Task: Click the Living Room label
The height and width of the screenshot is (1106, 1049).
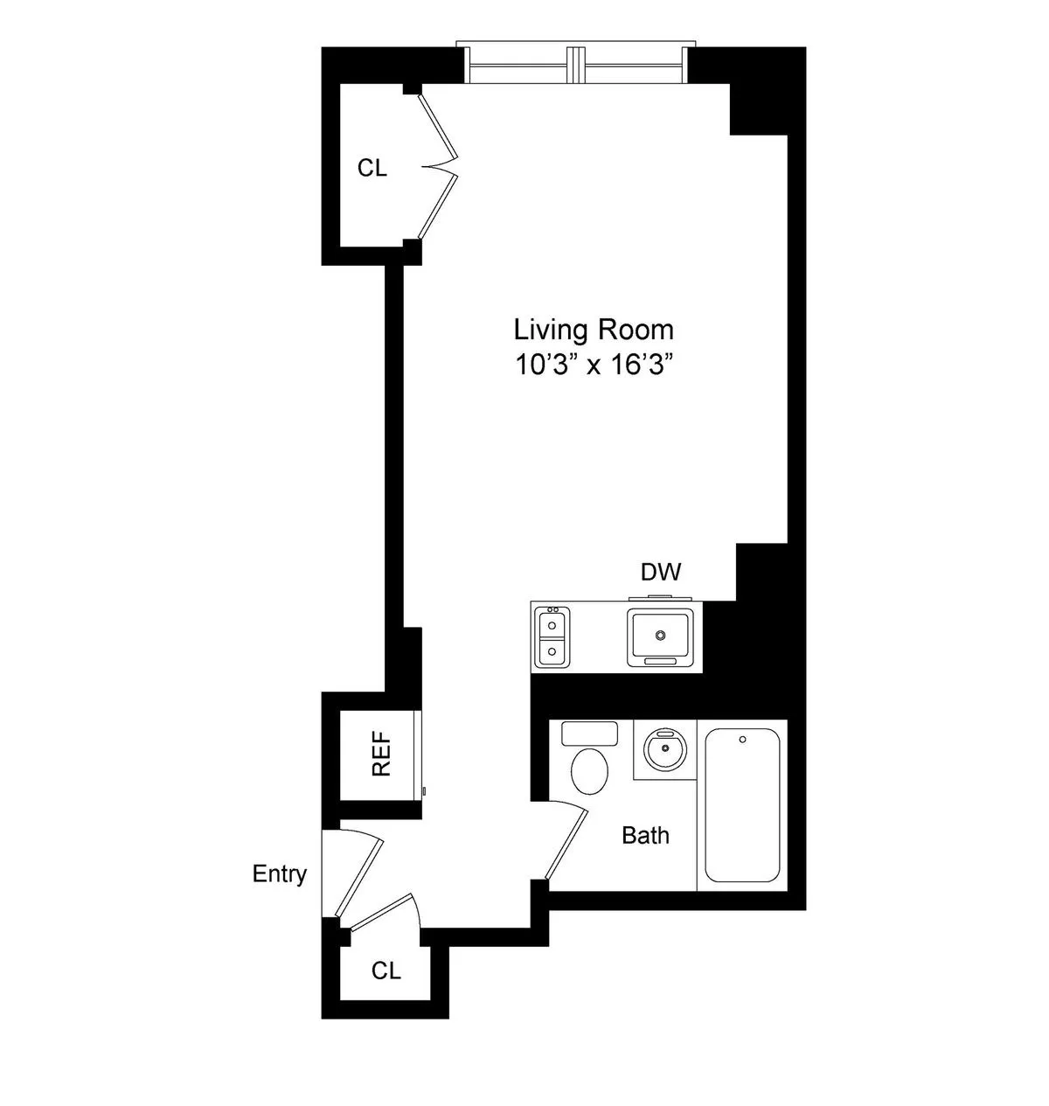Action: pyautogui.click(x=594, y=330)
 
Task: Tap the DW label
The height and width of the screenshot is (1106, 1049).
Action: pyautogui.click(x=661, y=573)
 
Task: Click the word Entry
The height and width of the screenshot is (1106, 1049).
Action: pyautogui.click(x=280, y=873)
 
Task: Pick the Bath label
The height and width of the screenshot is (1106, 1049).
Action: pyautogui.click(x=645, y=836)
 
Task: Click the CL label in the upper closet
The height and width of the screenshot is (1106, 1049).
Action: pyautogui.click(x=372, y=169)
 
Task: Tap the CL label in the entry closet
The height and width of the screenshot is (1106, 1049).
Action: pyautogui.click(x=386, y=970)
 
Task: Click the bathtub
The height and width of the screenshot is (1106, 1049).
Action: pyautogui.click(x=742, y=804)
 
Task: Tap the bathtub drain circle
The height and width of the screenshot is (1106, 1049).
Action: pyautogui.click(x=742, y=741)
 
